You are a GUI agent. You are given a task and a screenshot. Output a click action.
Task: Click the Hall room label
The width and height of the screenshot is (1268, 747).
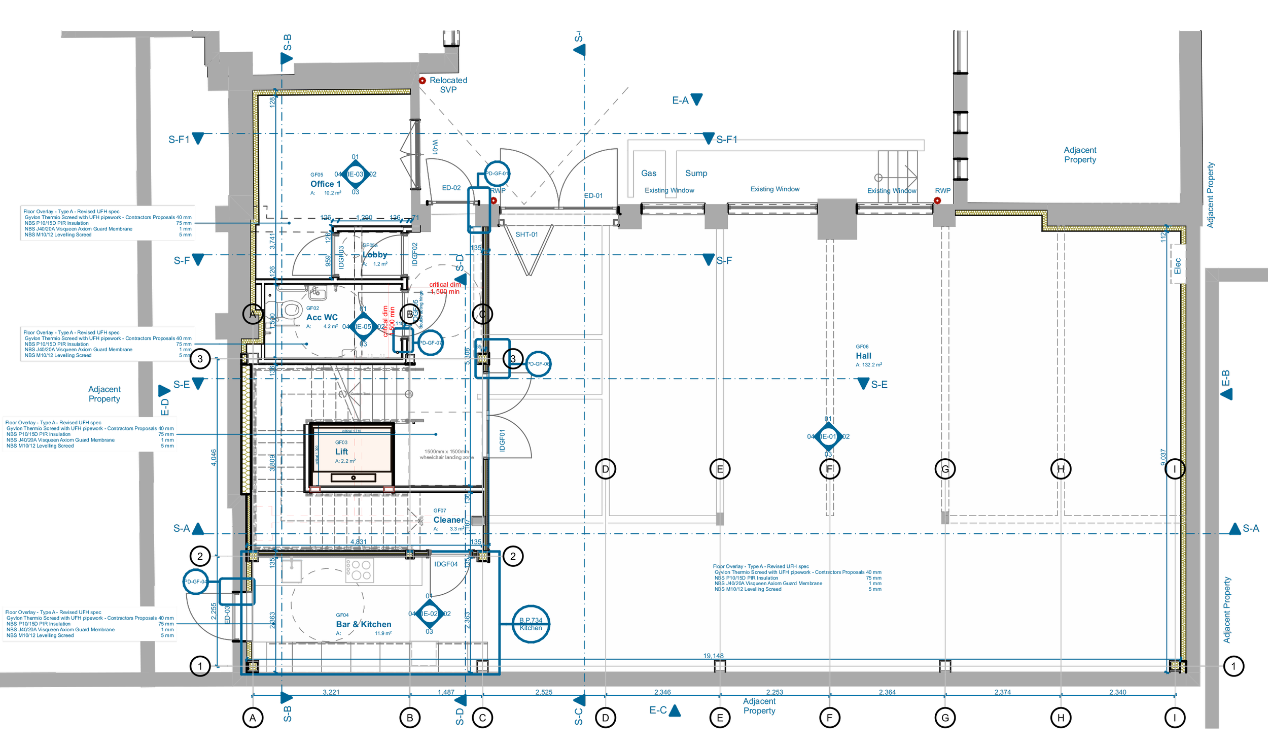863,356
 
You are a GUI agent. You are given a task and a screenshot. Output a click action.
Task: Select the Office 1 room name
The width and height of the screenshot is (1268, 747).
325,184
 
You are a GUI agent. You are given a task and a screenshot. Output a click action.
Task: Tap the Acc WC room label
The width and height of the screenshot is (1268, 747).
322,317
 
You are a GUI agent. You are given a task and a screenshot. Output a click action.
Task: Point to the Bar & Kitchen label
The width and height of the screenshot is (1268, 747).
363,624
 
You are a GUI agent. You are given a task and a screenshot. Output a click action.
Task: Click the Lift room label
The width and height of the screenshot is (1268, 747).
341,452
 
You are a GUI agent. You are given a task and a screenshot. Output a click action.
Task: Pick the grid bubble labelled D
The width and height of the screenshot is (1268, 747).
605,469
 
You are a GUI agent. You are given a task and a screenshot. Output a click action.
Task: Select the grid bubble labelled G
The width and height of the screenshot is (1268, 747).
945,469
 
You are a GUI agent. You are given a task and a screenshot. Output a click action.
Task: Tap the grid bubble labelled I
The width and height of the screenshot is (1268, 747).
1174,469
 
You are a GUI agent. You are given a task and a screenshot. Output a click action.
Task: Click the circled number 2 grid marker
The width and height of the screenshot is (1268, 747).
513,556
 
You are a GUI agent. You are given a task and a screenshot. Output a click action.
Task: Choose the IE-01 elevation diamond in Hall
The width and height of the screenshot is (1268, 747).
828,436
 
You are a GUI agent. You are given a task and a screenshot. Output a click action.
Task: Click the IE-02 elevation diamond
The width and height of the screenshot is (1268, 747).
429,614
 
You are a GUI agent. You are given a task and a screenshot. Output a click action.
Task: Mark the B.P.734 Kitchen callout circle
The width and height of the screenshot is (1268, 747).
531,624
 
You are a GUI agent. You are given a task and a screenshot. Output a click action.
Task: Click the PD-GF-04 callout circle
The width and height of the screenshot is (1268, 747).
195,582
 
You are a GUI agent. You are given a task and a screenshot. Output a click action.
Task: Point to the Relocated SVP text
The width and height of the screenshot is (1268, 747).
448,85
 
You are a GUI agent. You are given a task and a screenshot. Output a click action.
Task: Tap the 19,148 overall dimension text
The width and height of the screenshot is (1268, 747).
713,656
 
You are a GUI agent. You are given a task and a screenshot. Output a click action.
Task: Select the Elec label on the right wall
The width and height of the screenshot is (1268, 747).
1177,265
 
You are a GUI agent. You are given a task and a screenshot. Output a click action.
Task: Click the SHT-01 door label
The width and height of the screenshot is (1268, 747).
526,234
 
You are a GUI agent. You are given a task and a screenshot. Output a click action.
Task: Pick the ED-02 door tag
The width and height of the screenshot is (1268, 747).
451,188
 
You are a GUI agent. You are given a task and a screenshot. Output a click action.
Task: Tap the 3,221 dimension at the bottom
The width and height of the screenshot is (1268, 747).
331,692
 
